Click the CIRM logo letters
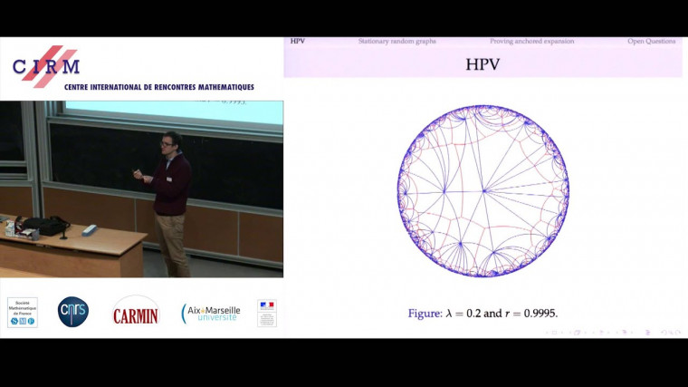tap(46, 65)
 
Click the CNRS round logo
tap(73, 312)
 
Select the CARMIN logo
tap(135, 313)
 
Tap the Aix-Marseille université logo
tap(211, 313)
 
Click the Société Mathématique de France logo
tap(22, 312)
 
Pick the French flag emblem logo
tap(266, 313)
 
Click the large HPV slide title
tap(483, 64)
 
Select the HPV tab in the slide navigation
tap(298, 42)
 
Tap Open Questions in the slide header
tap(651, 42)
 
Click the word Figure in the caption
tap(424, 314)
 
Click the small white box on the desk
tap(89, 229)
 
